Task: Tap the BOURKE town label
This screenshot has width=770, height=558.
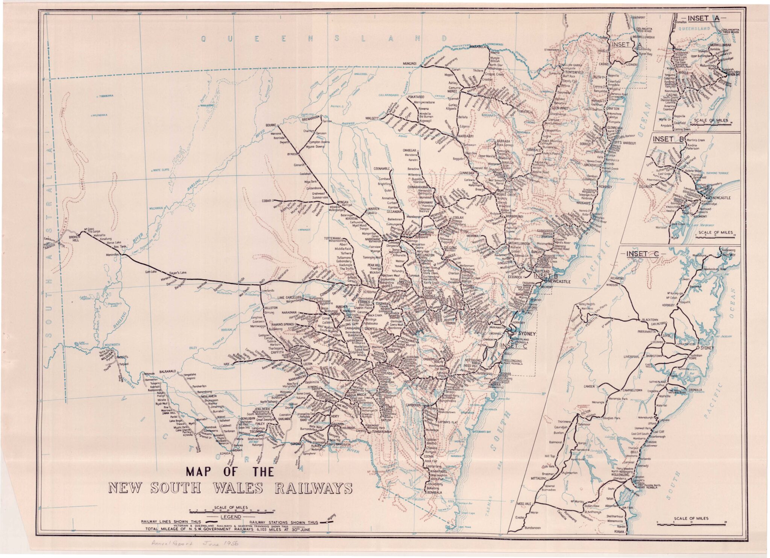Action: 271,125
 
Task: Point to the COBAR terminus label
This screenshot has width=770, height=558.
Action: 267,201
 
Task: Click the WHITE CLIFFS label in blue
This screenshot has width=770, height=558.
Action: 161,170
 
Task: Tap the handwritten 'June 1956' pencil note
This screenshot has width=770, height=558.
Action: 222,544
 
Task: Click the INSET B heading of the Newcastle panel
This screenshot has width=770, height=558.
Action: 663,139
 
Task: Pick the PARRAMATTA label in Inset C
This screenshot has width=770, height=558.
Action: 646,332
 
